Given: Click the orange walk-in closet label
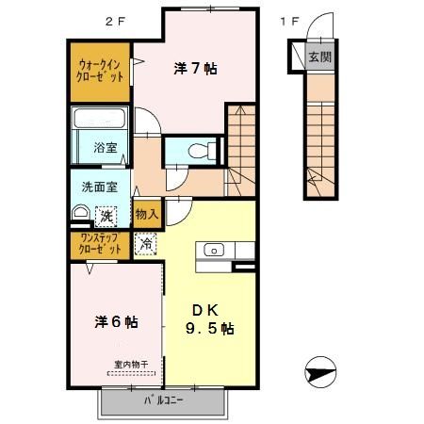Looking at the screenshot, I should (101, 72).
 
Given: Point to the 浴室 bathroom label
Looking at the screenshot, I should (103, 147).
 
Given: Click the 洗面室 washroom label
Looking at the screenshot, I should (99, 187).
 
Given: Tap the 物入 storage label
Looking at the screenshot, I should (145, 214).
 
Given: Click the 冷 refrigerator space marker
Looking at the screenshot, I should (146, 244).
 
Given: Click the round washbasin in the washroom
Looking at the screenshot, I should (79, 214).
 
